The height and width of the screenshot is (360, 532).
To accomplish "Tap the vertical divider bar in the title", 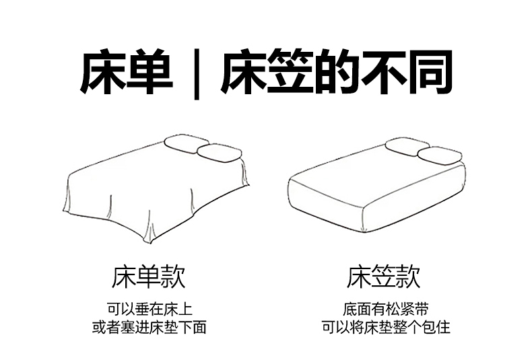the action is click(x=197, y=74).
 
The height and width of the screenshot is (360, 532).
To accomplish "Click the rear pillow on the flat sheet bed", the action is click(x=185, y=144).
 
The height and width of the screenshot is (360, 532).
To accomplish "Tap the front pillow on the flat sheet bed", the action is click(x=220, y=153).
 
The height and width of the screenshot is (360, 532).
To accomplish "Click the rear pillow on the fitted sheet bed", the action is click(x=407, y=146).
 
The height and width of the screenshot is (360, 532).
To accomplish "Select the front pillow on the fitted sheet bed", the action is click(x=440, y=155).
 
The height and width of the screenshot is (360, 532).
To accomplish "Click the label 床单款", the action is click(x=149, y=277).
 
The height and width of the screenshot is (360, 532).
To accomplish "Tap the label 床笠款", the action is click(x=383, y=277).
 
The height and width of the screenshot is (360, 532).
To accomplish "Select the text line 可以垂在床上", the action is click(x=149, y=308).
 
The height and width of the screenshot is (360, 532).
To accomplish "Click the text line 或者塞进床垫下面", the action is click(x=149, y=327).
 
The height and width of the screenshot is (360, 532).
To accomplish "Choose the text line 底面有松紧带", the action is click(x=386, y=308).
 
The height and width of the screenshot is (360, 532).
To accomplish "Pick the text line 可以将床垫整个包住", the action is click(x=386, y=327).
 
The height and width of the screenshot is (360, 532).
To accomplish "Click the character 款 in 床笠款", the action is click(x=408, y=277).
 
